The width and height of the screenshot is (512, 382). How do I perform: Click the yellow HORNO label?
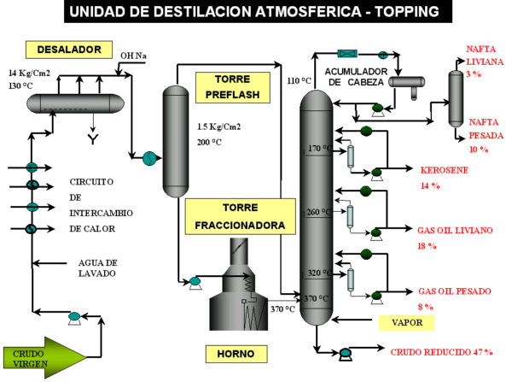pyautogui.click(x=236, y=352)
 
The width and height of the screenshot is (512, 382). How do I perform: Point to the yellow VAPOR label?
pyautogui.click(x=406, y=322)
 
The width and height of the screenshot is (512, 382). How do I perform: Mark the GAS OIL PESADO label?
pyautogui.click(x=454, y=297)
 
